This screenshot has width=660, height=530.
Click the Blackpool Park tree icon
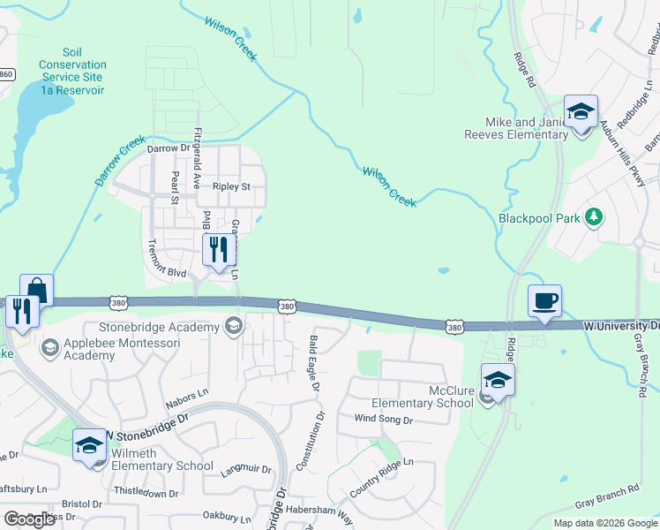tap(595, 216)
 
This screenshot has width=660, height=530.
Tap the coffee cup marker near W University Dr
tap(544, 301)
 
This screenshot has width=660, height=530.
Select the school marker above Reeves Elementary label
tap(581, 112)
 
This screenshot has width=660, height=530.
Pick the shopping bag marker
tap(37, 291)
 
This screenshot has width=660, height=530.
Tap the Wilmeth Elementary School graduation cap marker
tap(89, 446)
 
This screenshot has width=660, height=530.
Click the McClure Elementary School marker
tap(498, 381)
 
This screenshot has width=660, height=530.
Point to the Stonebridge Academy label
tap(165, 328)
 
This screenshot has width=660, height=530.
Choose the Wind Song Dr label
tap(383, 419)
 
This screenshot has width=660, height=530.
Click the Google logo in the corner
tap(29, 519)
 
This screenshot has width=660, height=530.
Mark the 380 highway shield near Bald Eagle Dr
tap(287, 307)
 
